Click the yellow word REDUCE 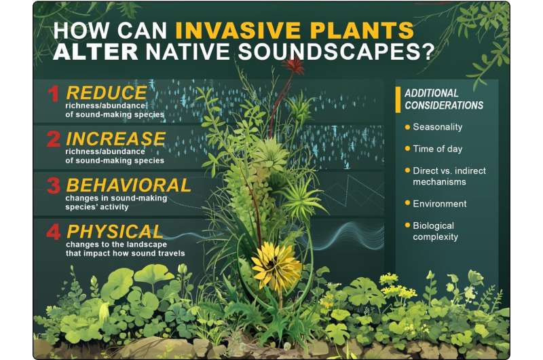107,92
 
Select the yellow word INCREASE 115,139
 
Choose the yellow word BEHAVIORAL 128,185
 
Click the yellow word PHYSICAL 114,231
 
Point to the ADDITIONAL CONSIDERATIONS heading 444,99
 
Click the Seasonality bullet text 437,127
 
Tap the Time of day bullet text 438,148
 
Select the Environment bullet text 440,203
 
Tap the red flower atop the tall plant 295,66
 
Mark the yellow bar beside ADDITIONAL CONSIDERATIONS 398,99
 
